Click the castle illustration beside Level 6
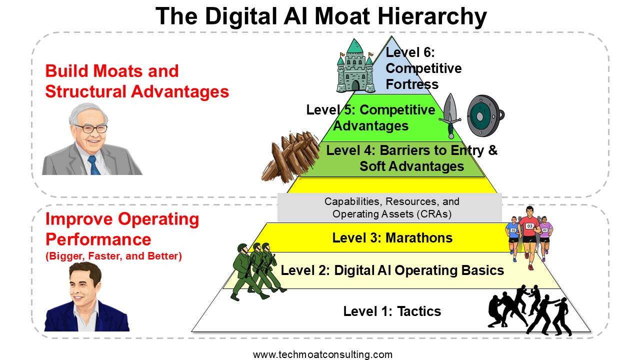click(x=355, y=66)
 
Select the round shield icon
click(x=485, y=115)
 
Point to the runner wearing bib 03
click(x=529, y=237)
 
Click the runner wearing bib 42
click(x=545, y=237)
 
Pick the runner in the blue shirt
click(x=513, y=239)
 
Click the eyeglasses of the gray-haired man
click(x=91, y=128)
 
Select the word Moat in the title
click(x=342, y=16)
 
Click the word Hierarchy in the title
click(x=432, y=16)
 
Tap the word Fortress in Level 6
click(x=412, y=84)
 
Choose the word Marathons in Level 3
click(x=419, y=237)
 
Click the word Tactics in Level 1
click(x=419, y=311)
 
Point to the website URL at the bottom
click(x=323, y=354)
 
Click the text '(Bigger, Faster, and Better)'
click(x=113, y=256)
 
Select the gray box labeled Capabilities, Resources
click(x=389, y=207)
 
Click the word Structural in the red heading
click(x=85, y=91)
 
